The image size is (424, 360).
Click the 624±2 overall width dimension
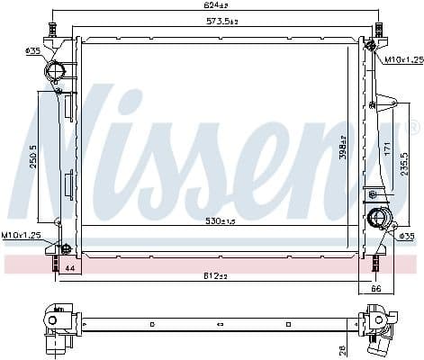tap(215, 6)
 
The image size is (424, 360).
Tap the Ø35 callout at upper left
tap(33, 51)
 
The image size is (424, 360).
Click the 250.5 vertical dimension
tap(33, 157)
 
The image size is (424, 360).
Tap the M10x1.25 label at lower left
tap(21, 235)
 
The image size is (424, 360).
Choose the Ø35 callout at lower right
tap(407, 236)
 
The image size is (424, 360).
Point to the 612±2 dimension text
tap(216, 275)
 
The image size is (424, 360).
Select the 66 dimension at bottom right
tap(377, 289)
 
